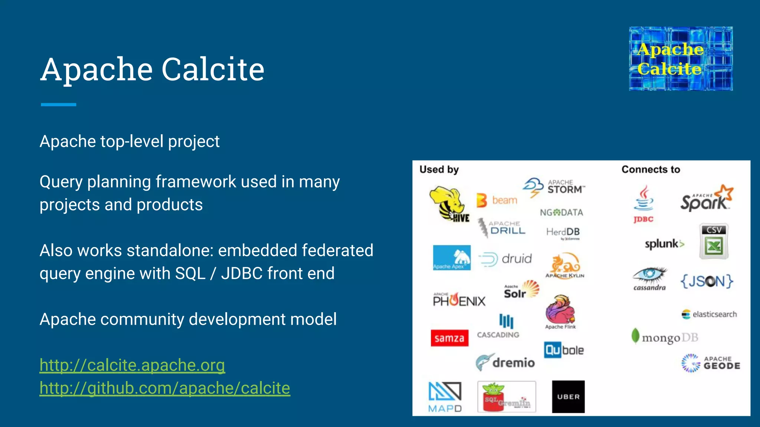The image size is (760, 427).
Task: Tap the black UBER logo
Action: [568, 397]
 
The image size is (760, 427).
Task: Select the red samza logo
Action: [449, 338]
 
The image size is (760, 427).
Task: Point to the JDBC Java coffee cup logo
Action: [644, 204]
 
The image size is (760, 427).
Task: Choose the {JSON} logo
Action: [707, 281]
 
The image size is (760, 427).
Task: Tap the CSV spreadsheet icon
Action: [714, 241]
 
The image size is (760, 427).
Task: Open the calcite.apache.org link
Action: [132, 365]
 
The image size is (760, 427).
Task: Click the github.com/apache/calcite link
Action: [165, 388]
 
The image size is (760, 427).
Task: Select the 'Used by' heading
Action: [439, 169]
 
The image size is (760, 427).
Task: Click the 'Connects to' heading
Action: [651, 169]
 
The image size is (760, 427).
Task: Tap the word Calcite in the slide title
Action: [213, 69]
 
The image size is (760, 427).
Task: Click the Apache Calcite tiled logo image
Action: [681, 59]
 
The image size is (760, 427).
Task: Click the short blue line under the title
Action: [58, 105]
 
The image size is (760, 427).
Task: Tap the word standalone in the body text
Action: [168, 251]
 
